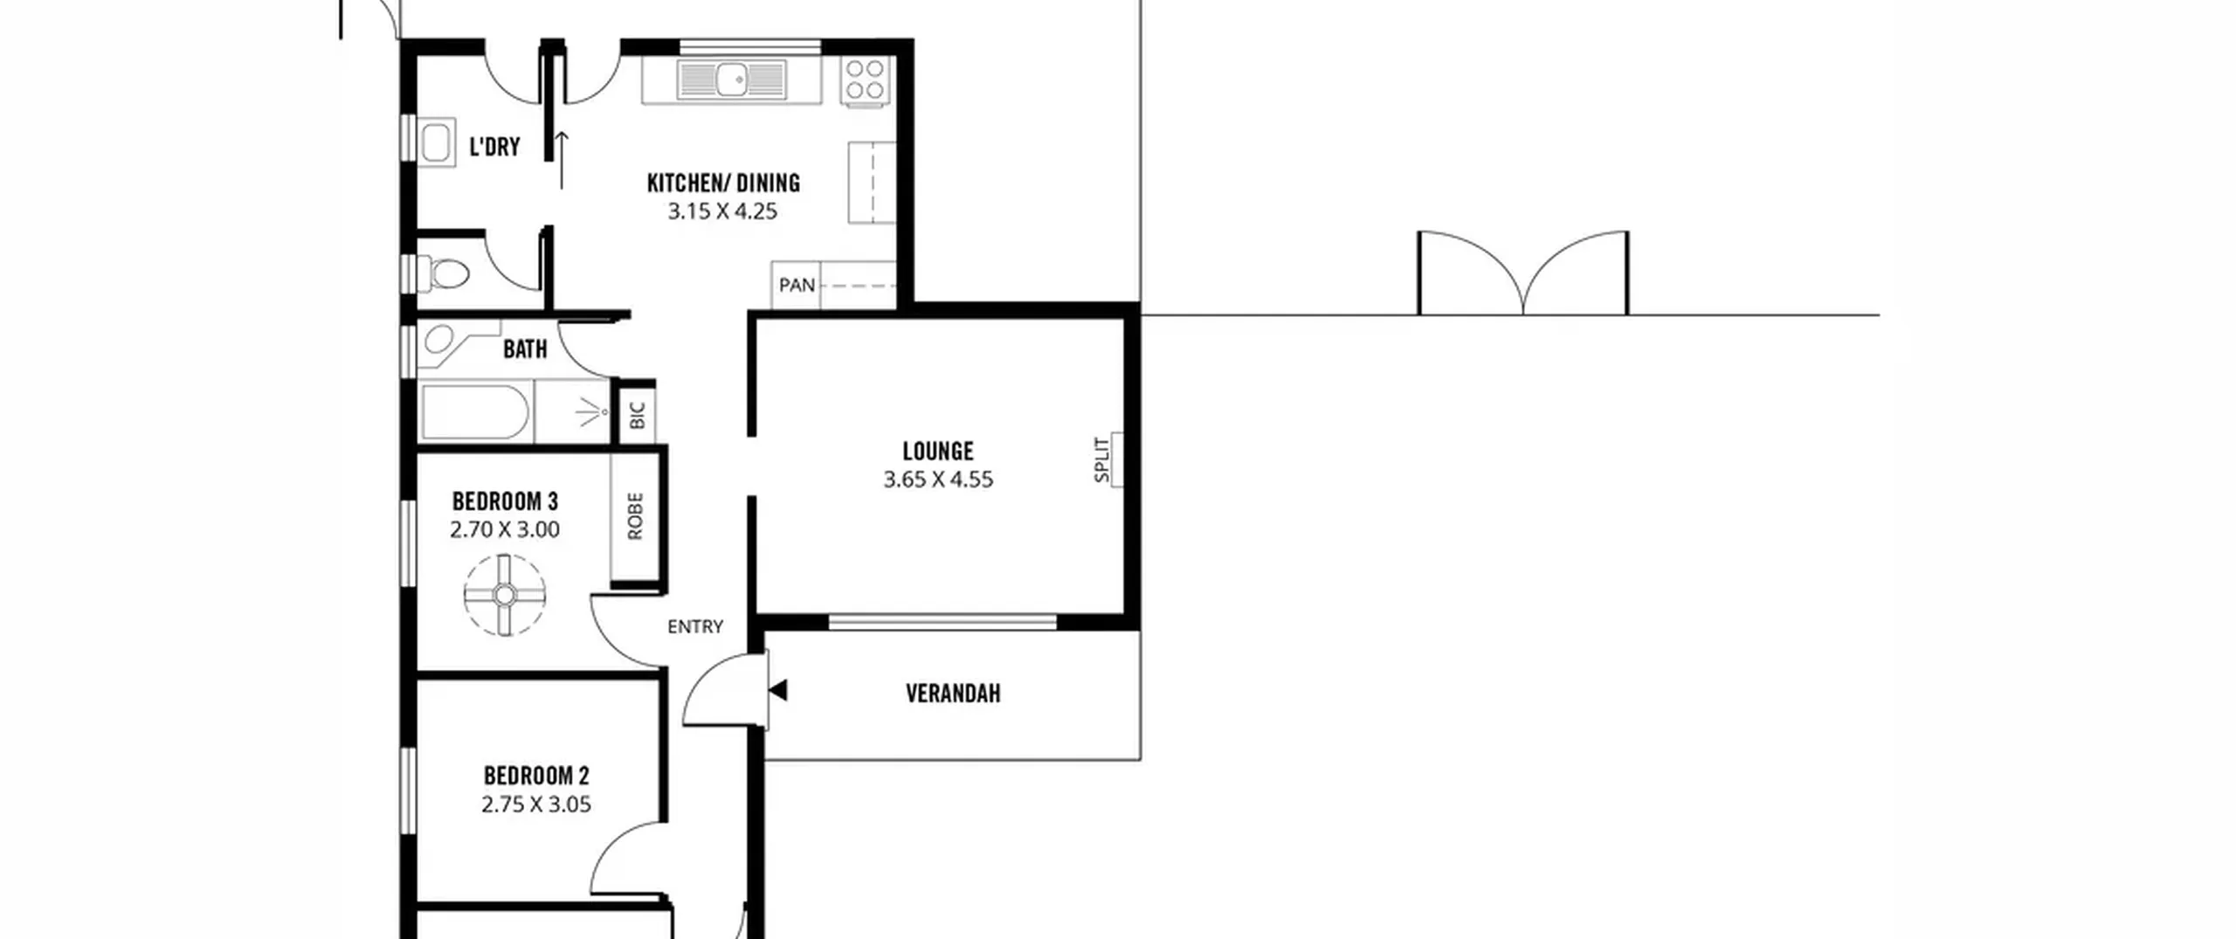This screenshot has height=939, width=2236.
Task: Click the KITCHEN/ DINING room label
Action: (723, 183)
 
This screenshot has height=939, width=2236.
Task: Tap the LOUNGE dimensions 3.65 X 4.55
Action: (938, 479)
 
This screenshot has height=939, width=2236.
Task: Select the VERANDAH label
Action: (953, 694)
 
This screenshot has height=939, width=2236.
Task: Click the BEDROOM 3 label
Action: (505, 501)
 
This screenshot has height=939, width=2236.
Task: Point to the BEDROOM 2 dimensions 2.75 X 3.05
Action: (536, 804)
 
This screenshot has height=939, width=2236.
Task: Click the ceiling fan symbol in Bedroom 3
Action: (505, 595)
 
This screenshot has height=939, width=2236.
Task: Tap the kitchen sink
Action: (732, 80)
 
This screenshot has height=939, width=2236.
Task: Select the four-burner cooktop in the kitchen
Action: (865, 80)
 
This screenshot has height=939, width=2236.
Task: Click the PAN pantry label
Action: (797, 285)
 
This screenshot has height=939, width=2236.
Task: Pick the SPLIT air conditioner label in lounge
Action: (1102, 459)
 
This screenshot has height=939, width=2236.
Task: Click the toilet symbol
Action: (445, 273)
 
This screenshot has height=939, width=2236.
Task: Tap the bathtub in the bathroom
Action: (475, 413)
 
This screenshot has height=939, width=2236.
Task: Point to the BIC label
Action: (637, 415)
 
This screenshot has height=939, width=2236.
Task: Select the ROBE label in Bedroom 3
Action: (635, 515)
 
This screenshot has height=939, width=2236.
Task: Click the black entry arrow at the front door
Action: (778, 690)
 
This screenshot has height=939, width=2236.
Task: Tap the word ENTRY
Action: (695, 626)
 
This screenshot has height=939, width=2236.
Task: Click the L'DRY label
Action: (494, 147)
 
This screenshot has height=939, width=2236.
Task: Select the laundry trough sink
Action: (436, 143)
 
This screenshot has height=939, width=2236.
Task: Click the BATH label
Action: (525, 349)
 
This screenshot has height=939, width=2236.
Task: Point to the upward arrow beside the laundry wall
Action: (562, 160)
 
